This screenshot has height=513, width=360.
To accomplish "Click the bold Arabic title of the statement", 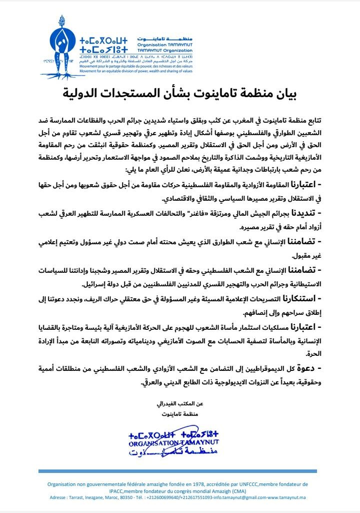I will coord(179,93).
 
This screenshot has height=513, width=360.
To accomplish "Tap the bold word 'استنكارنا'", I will coord(299,300).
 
